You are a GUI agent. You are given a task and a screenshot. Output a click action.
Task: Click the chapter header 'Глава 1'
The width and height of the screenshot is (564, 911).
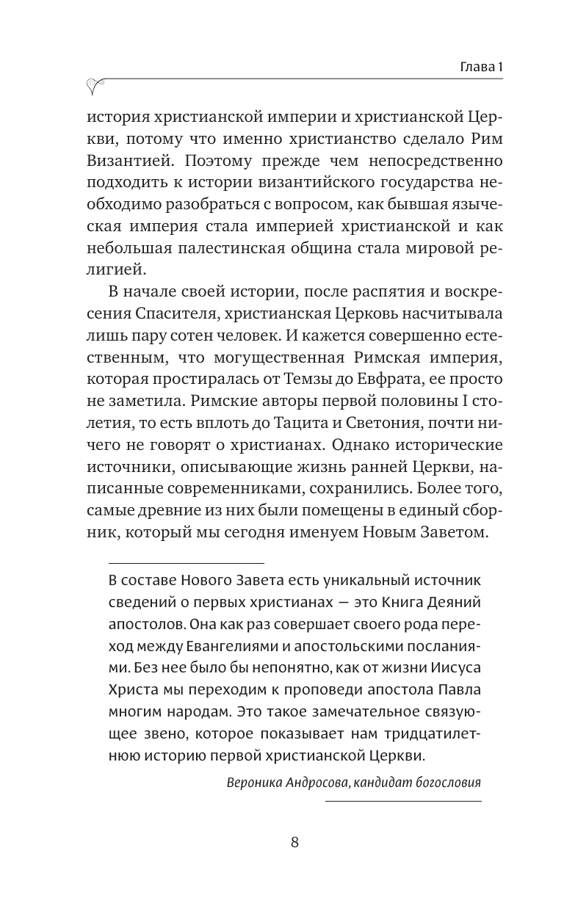tap(476, 67)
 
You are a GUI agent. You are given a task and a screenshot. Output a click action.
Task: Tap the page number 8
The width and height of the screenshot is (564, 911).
tap(294, 842)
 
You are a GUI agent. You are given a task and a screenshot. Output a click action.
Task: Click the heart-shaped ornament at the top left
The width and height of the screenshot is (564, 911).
tap(96, 87)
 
